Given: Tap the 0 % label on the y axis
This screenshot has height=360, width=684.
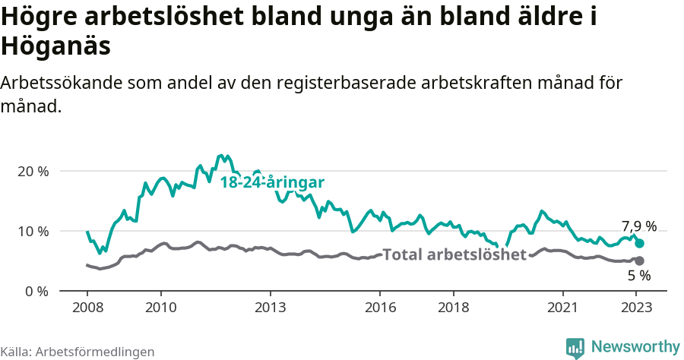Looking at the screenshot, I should [39, 291].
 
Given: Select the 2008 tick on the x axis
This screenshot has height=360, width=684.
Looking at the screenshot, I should [87, 308].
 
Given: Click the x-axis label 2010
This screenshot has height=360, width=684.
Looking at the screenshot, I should [160, 308].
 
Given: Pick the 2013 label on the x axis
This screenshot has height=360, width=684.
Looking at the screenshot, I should [271, 308].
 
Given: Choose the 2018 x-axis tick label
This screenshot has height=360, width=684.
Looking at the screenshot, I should [454, 308].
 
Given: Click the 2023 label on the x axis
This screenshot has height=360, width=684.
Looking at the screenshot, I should [637, 308].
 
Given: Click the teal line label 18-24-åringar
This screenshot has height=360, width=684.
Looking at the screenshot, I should [272, 182].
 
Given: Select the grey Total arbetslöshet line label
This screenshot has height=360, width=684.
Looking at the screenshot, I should [454, 254].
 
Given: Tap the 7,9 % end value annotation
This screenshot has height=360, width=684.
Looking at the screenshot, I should [639, 226].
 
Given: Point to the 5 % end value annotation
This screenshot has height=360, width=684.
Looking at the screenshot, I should [639, 276].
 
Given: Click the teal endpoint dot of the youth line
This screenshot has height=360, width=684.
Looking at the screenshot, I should [640, 243].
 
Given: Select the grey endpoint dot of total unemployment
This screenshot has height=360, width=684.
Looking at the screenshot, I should [639, 261].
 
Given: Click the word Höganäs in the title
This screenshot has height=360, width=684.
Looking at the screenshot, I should [56, 46].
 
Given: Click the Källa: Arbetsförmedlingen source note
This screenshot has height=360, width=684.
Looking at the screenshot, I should [78, 352].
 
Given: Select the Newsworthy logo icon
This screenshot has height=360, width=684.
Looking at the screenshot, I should [575, 347].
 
